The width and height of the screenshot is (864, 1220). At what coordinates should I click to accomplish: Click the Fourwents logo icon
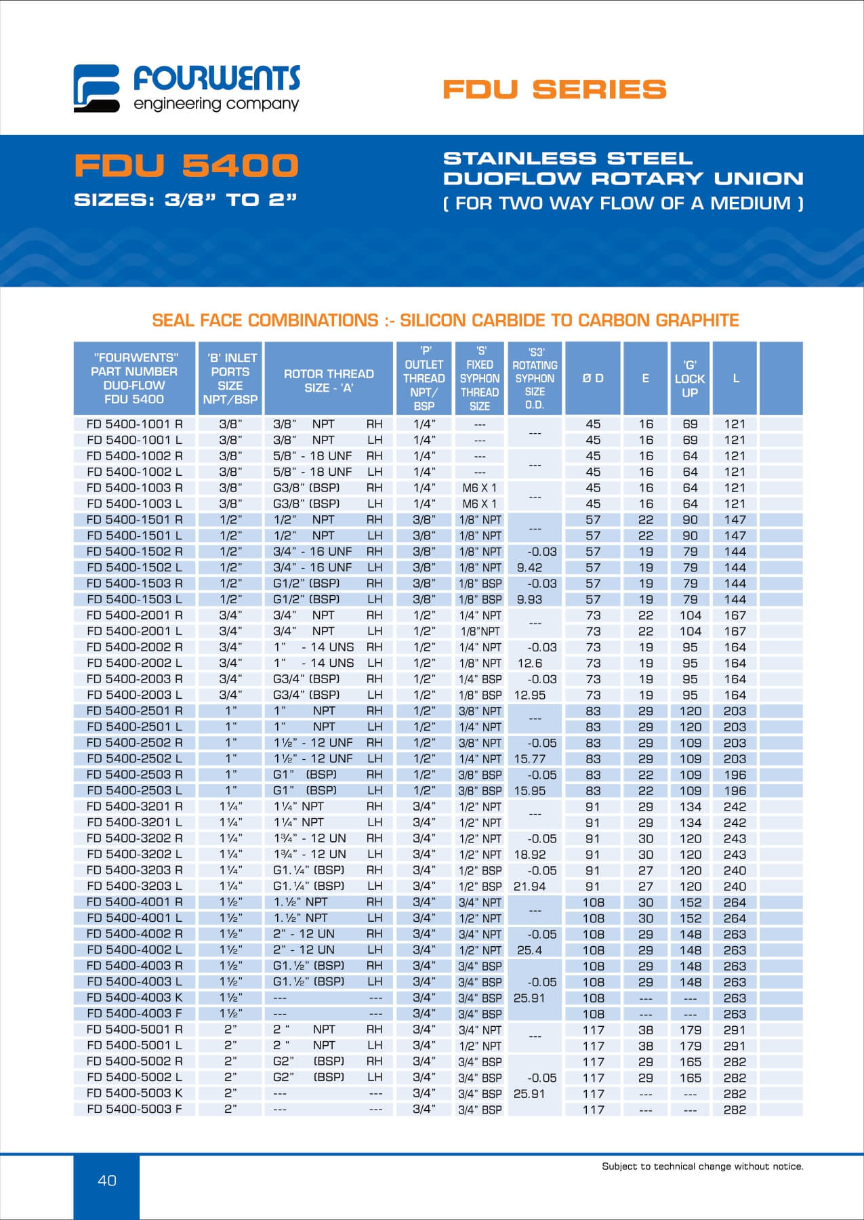coord(96,88)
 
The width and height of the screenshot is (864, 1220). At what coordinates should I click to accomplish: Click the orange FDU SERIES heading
coord(554,89)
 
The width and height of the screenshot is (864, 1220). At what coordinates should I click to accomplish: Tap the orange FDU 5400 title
coord(186,166)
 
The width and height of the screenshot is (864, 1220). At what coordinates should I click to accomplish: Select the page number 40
coord(107,1180)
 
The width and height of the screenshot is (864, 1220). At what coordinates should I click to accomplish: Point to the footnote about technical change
coord(702,1166)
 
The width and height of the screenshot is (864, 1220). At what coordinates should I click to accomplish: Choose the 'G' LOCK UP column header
coord(690,379)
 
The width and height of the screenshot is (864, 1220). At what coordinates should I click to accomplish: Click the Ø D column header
coord(593,378)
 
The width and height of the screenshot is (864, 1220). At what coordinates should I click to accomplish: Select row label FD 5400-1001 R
coord(135,424)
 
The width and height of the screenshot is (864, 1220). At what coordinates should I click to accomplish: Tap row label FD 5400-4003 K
coord(135,998)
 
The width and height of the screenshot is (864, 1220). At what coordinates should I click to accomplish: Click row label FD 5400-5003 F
coord(135,1110)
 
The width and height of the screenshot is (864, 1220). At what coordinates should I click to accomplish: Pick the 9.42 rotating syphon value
coord(529,567)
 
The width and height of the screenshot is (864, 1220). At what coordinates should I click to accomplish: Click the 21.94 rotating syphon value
coord(530,887)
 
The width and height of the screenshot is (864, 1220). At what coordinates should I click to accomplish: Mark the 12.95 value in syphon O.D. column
coord(530,695)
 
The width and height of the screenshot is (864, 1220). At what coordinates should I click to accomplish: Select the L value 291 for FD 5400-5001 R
coord(735,1030)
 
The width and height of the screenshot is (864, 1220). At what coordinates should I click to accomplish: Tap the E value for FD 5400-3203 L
coord(646,887)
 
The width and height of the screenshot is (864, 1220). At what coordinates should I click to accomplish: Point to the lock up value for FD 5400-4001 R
coord(691,902)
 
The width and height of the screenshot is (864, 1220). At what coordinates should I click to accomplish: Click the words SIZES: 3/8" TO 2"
coord(186,200)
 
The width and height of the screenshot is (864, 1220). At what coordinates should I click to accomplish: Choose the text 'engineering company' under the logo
coord(215,104)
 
